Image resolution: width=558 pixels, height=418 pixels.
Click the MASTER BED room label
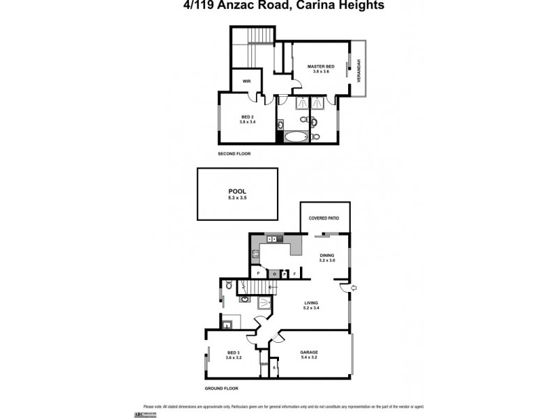click(322, 66)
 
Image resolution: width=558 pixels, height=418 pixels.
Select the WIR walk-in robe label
click(246, 82)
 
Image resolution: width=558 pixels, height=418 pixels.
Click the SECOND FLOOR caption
click(234, 153)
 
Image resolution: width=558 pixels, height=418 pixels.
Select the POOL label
click(237, 191)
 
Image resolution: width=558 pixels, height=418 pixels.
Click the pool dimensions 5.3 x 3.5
click(237, 199)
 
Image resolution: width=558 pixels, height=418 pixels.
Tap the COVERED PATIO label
click(324, 218)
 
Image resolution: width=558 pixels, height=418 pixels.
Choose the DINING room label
click(327, 255)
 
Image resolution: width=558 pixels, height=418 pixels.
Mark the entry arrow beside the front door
click(353, 286)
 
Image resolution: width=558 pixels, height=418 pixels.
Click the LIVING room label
click(311, 302)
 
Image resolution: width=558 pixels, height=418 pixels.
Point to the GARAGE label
click(309, 352)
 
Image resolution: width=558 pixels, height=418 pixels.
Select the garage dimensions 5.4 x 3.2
click(309, 358)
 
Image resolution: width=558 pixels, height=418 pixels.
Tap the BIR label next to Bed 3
click(264, 363)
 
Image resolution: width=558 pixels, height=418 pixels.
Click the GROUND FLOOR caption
click(222, 387)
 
